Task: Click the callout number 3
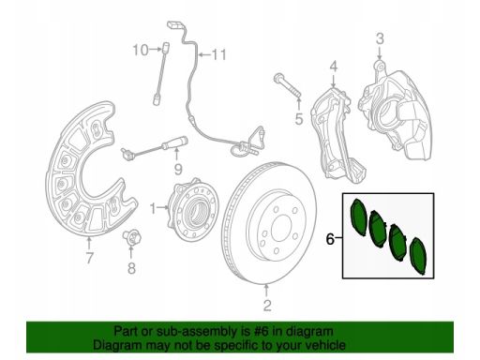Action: [x=380, y=39]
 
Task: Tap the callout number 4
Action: [x=334, y=67]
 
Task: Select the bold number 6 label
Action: [x=330, y=239]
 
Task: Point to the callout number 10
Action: [x=141, y=50]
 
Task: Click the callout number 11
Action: [x=219, y=54]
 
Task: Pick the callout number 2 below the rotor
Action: [x=267, y=306]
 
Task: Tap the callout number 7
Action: [x=89, y=259]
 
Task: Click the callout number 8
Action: [x=131, y=268]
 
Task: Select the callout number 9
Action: [x=178, y=170]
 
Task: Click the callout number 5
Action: [x=299, y=119]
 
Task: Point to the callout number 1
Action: [x=153, y=209]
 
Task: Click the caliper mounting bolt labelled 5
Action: [x=287, y=85]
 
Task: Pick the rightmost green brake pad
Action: [x=418, y=256]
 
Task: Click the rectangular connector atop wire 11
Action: [x=175, y=25]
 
